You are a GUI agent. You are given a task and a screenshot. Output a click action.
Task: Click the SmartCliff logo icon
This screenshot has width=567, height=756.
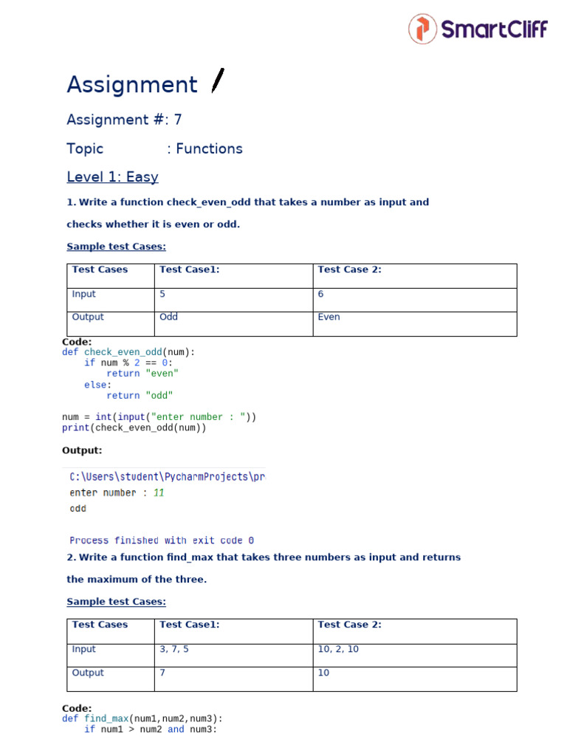(x=422, y=29)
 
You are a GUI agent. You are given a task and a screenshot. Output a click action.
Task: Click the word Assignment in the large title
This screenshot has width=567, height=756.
(x=132, y=85)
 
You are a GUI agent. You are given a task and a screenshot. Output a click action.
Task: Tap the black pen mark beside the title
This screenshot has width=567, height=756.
(x=218, y=80)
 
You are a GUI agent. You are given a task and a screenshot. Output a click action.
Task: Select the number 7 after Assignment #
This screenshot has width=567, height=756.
(x=177, y=120)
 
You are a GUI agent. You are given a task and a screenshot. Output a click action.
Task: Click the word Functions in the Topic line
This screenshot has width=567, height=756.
(x=209, y=149)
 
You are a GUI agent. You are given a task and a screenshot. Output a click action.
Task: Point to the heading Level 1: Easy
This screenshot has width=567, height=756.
(x=112, y=177)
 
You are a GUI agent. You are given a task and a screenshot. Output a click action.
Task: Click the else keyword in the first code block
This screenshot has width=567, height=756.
(x=96, y=385)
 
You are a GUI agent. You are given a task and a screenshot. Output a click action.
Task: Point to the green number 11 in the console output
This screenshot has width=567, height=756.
(x=159, y=492)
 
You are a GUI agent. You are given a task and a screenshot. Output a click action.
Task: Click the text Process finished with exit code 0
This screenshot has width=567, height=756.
(x=162, y=540)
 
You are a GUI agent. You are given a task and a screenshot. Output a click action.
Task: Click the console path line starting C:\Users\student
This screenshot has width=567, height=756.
(x=167, y=477)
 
